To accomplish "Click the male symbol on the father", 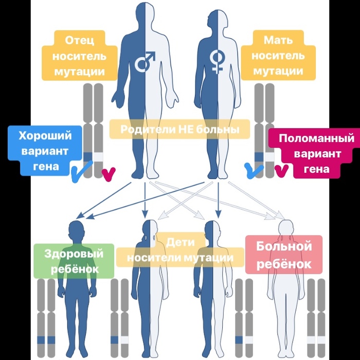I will coord(145,62).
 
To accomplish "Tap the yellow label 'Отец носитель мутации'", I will coord(79,56).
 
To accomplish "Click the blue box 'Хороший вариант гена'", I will coord(45,151).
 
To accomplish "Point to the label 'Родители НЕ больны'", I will coord(179,129).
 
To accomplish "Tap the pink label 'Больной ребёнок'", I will coord(284,255).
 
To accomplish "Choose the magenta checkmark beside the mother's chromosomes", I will coord(280,170).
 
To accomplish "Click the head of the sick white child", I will coord(285,227).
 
